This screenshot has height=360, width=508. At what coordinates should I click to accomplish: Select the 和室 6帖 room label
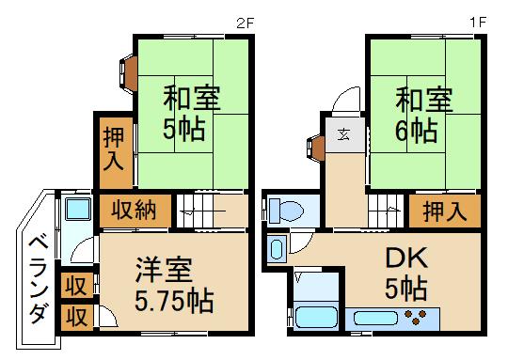pyautogui.click(x=422, y=112)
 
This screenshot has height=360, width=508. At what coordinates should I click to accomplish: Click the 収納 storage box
pyautogui.click(x=135, y=210)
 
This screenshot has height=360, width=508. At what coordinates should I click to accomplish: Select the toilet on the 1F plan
pyautogui.click(x=288, y=211)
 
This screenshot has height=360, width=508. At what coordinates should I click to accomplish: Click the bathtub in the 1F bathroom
pyautogui.click(x=318, y=317)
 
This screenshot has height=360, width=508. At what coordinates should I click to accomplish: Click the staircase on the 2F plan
pyautogui.click(x=212, y=211)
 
